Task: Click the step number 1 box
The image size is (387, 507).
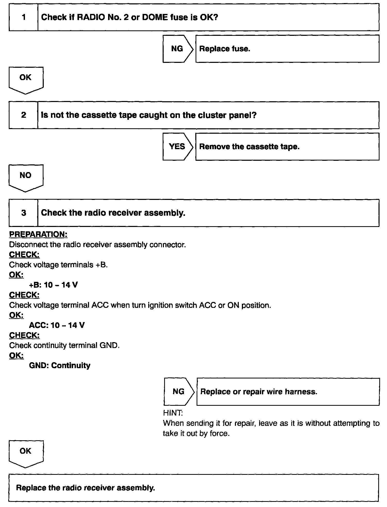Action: coord(23,17)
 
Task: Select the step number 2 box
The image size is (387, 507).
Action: coord(23,115)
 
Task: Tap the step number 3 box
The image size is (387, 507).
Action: coord(23,213)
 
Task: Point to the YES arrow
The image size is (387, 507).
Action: coord(177,147)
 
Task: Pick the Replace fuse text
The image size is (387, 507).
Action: coord(225,49)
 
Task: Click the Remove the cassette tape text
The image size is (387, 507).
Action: coord(249,147)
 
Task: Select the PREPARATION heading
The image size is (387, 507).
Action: coord(38,234)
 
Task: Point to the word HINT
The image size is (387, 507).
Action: coord(173,413)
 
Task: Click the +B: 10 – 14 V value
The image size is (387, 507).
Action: coord(53,285)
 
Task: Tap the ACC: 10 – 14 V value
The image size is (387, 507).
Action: coord(57,325)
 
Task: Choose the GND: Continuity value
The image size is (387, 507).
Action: coord(60,366)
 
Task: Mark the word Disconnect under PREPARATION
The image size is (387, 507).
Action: coord(25,244)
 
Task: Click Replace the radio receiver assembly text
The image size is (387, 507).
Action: coord(85,488)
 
